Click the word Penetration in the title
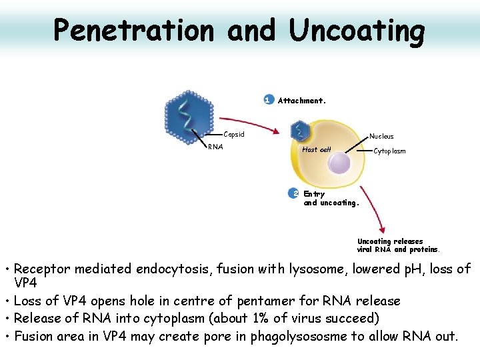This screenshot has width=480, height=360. pyautogui.click(x=134, y=30)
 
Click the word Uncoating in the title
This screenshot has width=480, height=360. pyautogui.click(x=356, y=31)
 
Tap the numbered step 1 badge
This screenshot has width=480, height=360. pyautogui.click(x=268, y=100)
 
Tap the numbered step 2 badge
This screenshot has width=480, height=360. pyautogui.click(x=294, y=193)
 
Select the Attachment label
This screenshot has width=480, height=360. pyautogui.click(x=301, y=101)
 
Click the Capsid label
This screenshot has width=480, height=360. pyautogui.click(x=233, y=135)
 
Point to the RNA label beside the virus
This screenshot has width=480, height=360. pyautogui.click(x=215, y=147)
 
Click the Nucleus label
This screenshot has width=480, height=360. pyautogui.click(x=381, y=137)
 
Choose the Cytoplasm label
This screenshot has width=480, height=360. pyautogui.click(x=389, y=151)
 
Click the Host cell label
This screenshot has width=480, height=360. pyautogui.click(x=317, y=149)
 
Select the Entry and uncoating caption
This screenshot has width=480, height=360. pyautogui.click(x=331, y=199)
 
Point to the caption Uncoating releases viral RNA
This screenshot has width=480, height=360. pyautogui.click(x=398, y=245)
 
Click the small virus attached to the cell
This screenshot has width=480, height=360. pyautogui.click(x=301, y=131)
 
